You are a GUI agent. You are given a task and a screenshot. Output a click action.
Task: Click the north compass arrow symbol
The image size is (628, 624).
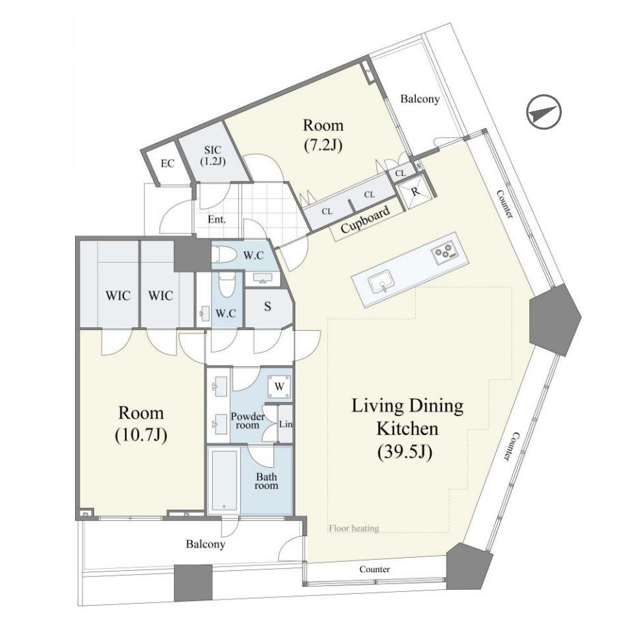coord(543,112)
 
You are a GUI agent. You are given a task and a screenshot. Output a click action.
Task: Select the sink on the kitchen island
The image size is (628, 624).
coord(381,283)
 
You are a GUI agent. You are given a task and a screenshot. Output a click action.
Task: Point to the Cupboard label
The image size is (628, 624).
coord(365,220)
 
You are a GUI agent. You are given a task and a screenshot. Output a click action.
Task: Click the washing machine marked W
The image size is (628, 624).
coord(279,387)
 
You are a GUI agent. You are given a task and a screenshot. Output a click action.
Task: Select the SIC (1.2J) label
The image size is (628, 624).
coord(213,155)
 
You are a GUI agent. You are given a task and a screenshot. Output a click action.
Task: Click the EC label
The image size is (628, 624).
coord(168,164)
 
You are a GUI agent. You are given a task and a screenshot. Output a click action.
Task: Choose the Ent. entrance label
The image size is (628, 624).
coord(217,220)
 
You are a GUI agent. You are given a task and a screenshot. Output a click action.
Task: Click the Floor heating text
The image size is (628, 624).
coord(354,529)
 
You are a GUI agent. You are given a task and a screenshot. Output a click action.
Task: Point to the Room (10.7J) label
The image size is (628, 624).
coord(141,424)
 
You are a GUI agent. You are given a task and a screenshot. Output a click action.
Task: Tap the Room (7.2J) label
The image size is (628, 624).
coord(323,135)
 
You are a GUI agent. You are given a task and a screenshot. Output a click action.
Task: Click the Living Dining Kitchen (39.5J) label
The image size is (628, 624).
coord(407,428)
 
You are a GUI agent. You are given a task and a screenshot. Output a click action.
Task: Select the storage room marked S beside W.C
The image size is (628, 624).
coord(267,306)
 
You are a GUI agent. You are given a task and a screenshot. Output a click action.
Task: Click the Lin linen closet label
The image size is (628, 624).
coord(286,424)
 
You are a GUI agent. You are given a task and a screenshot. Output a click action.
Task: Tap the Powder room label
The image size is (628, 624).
coord(248,421)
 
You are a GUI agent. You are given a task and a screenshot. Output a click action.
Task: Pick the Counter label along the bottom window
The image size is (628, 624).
coord(374,569)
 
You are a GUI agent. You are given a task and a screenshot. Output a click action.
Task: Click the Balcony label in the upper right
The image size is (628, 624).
coord(420,99)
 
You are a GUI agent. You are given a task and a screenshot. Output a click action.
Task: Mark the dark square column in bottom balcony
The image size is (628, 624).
coord(193,583)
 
